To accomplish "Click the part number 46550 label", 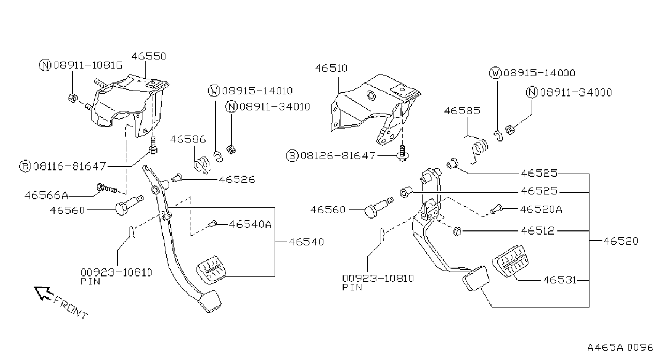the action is [149, 56].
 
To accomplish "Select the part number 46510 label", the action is [331, 68].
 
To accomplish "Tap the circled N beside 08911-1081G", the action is [45, 65].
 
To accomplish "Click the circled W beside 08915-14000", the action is [496, 73].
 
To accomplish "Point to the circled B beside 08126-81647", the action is [292, 155].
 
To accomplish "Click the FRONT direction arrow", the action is [43, 293].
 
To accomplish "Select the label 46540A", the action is [250, 224].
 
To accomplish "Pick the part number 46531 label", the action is [559, 280].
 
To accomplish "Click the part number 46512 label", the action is [538, 231].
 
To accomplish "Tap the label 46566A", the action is [47, 196].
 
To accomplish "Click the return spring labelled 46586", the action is [202, 165].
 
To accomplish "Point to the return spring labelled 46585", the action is [479, 151].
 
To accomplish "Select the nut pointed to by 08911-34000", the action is [510, 130].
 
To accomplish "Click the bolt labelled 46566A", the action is [107, 188].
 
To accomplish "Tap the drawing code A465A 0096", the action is [620, 348].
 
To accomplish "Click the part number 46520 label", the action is [621, 241].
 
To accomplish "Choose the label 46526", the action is [237, 179].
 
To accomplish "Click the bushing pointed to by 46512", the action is [457, 231].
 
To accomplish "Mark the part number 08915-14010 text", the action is [258, 91].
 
